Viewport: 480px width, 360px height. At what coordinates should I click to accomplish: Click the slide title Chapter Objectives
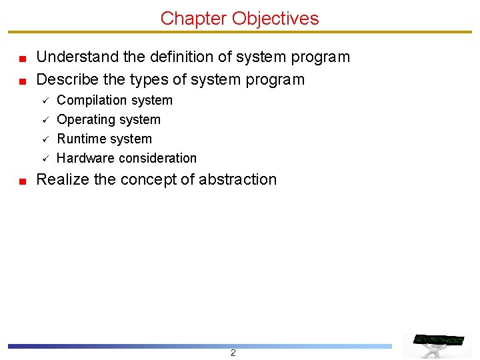(x=239, y=18)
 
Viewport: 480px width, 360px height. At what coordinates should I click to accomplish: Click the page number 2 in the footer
(x=233, y=353)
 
